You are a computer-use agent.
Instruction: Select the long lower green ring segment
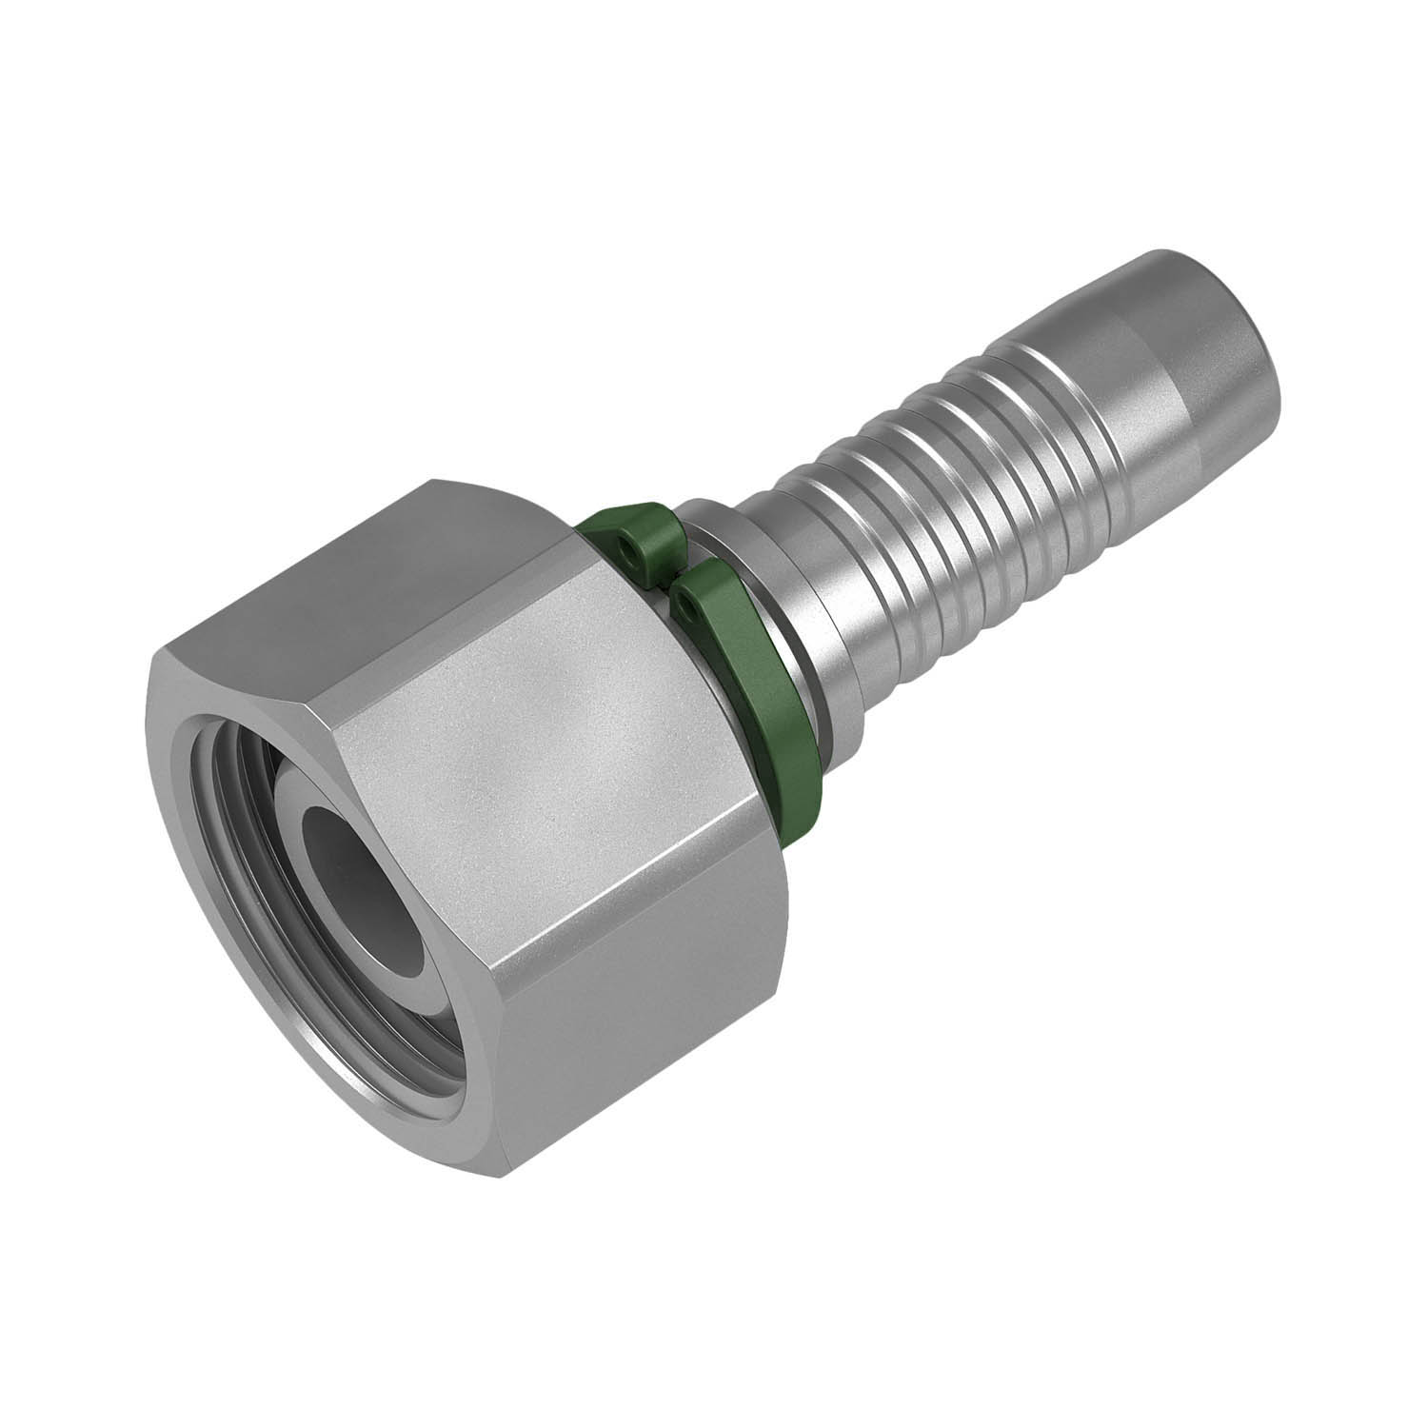[752, 685]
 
